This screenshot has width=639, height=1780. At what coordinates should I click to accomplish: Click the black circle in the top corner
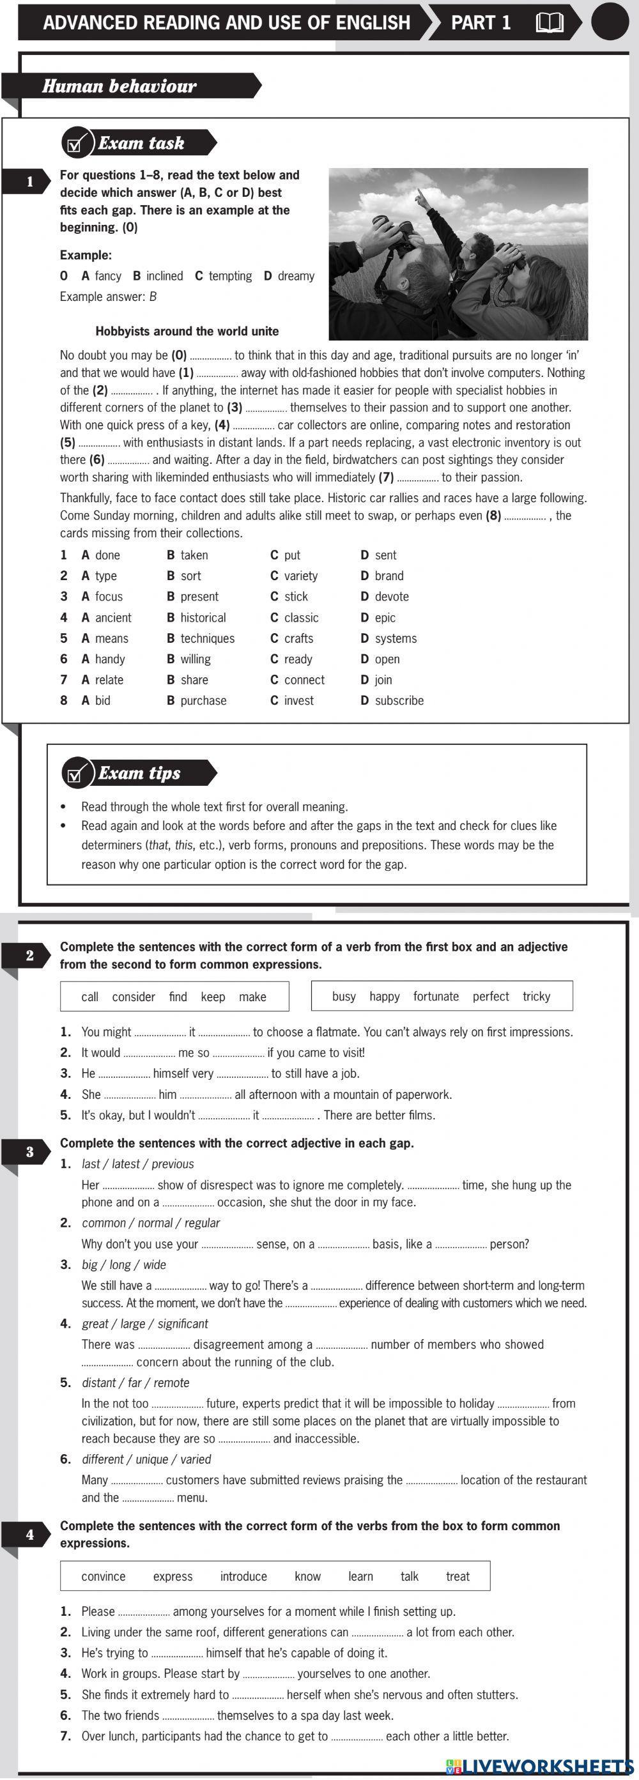610,22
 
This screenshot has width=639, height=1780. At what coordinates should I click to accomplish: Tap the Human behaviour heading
119,86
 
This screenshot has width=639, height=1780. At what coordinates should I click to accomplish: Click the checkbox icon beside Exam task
76,144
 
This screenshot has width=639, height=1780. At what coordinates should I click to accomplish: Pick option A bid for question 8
96,701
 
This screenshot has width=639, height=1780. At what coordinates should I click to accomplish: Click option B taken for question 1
187,555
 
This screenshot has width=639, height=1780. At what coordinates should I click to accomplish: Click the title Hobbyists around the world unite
187,331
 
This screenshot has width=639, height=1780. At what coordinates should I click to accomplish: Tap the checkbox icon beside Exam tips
76,774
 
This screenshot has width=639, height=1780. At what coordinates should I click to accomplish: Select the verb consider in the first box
134,997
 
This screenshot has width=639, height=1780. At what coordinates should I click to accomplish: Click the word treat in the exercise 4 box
458,1576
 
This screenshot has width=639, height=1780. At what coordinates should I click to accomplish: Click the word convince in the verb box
104,1576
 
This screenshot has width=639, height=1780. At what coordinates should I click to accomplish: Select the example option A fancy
102,276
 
